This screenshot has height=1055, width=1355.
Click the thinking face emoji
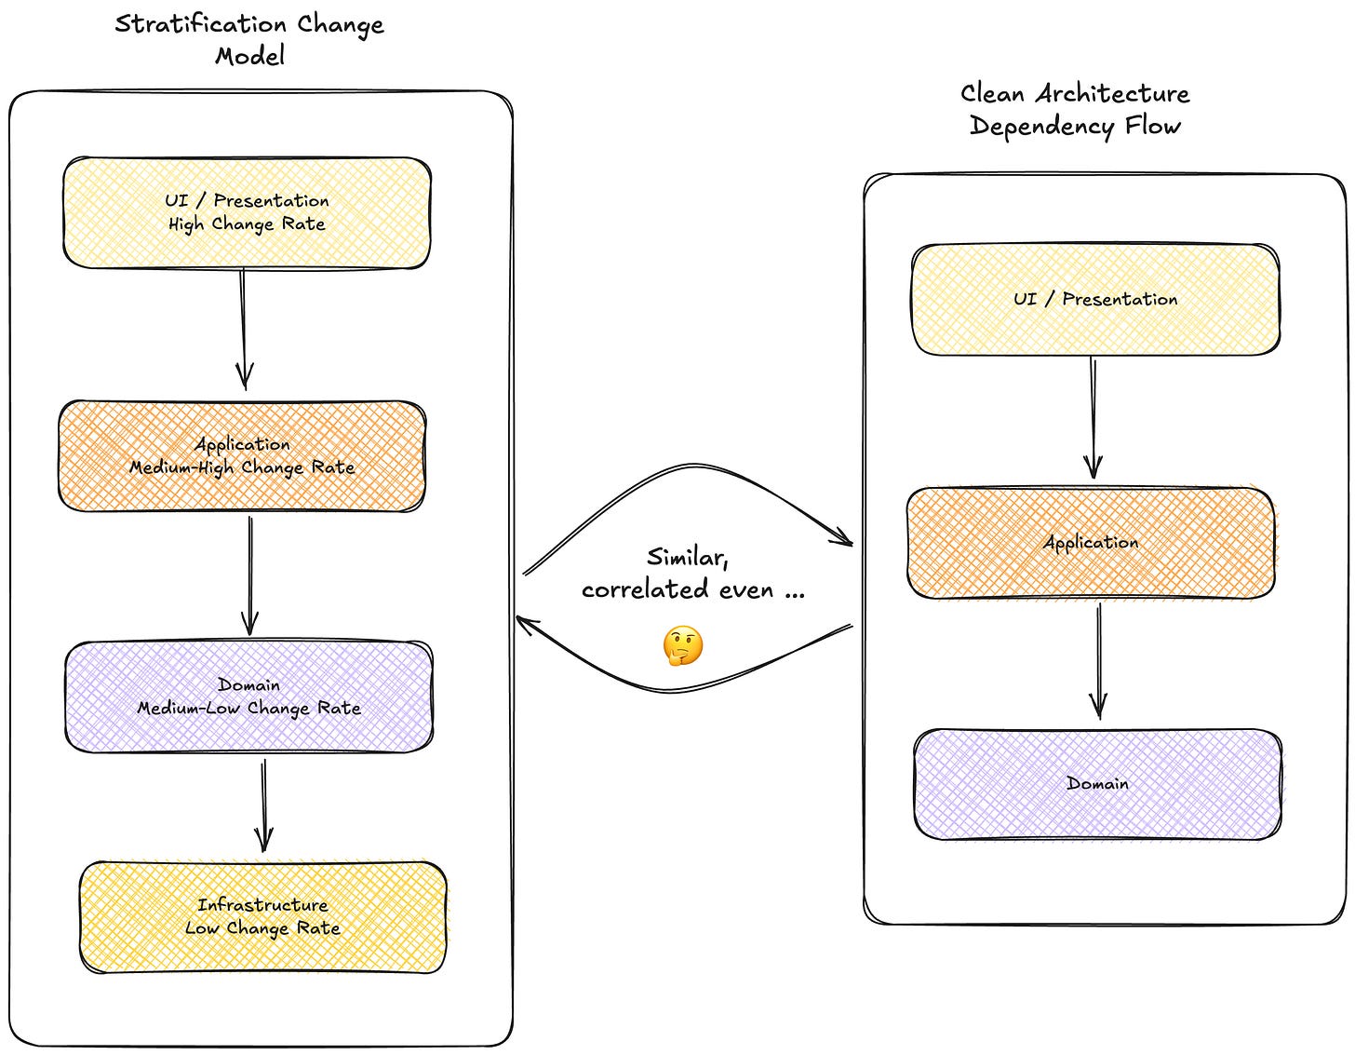(x=683, y=646)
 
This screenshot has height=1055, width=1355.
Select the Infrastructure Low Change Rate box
(x=263, y=916)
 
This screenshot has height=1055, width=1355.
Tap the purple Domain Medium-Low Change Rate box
(x=248, y=697)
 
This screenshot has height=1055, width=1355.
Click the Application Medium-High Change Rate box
(x=242, y=456)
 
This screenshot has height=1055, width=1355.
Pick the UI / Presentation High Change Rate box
(x=247, y=212)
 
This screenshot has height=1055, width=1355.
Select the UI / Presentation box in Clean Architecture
(x=1095, y=300)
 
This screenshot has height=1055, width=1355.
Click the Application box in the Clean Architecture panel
(x=1092, y=543)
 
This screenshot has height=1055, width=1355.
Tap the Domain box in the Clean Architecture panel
(x=1098, y=784)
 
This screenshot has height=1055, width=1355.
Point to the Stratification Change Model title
(x=249, y=39)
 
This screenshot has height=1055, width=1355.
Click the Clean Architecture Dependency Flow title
(x=1075, y=110)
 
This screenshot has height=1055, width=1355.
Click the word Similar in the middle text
(x=687, y=557)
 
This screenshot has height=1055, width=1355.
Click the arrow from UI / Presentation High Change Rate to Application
(x=243, y=330)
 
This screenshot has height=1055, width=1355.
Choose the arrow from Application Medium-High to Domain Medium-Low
(x=250, y=575)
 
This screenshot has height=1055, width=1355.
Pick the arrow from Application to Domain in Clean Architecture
(x=1099, y=661)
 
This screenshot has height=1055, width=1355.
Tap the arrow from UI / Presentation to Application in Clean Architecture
(x=1093, y=417)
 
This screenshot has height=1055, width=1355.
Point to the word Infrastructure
(x=262, y=905)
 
